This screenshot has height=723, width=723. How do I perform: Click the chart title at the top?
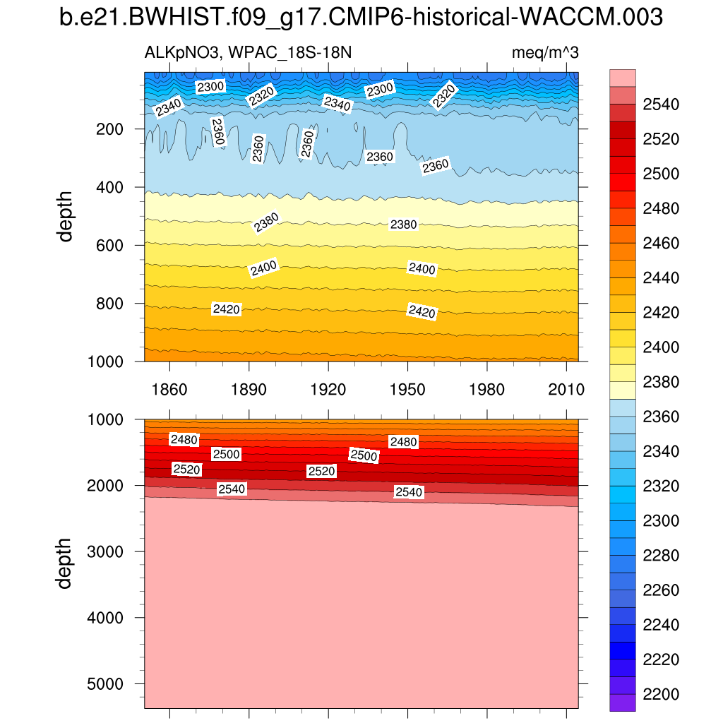click(x=361, y=18)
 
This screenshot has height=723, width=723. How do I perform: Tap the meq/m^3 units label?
click(x=545, y=54)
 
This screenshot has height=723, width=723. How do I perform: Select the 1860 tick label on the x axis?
click(x=169, y=390)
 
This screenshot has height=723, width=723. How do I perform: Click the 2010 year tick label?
click(x=568, y=390)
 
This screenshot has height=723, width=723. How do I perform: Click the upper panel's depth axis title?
click(x=66, y=216)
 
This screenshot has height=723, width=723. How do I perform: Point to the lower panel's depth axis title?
click(x=66, y=563)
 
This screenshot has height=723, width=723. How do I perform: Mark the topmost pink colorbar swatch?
click(x=622, y=78)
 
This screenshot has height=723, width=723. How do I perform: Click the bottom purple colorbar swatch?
click(x=622, y=703)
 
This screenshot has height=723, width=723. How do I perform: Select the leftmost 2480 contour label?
click(x=184, y=439)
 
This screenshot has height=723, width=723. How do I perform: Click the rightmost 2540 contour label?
click(x=409, y=492)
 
